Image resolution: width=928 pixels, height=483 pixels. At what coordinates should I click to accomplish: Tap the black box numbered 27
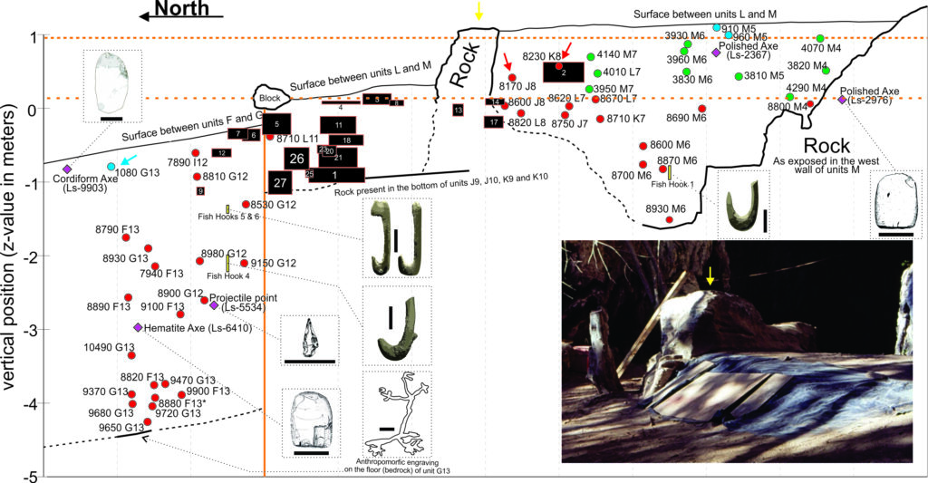280,182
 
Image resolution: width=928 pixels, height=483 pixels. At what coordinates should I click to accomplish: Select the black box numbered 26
295,159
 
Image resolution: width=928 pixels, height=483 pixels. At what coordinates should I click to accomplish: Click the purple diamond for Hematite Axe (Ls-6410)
138,327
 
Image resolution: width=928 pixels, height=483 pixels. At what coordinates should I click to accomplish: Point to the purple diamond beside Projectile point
214,305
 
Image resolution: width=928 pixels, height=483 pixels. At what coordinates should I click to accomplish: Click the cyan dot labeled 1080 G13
111,167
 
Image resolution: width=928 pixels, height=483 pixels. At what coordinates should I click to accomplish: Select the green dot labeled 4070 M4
820,39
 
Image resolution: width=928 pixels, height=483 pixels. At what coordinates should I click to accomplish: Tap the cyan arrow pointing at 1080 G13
130,159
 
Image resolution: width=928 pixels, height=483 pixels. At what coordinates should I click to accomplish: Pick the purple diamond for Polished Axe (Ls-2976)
841,100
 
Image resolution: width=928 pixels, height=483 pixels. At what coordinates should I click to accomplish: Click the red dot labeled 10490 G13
131,355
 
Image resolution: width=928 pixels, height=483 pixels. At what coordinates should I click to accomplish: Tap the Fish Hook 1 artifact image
743,202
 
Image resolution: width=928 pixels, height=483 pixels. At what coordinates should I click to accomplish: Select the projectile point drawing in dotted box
311,339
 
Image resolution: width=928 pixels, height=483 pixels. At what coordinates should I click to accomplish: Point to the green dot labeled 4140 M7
590,57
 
